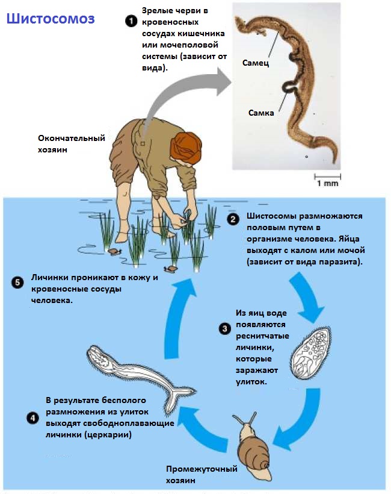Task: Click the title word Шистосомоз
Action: [x=51, y=19]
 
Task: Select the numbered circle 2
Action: [x=233, y=220]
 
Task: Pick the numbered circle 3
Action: [x=224, y=329]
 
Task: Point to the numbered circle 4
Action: [x=33, y=417]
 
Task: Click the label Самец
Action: [x=256, y=63]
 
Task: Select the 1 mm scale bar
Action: [x=327, y=177]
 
